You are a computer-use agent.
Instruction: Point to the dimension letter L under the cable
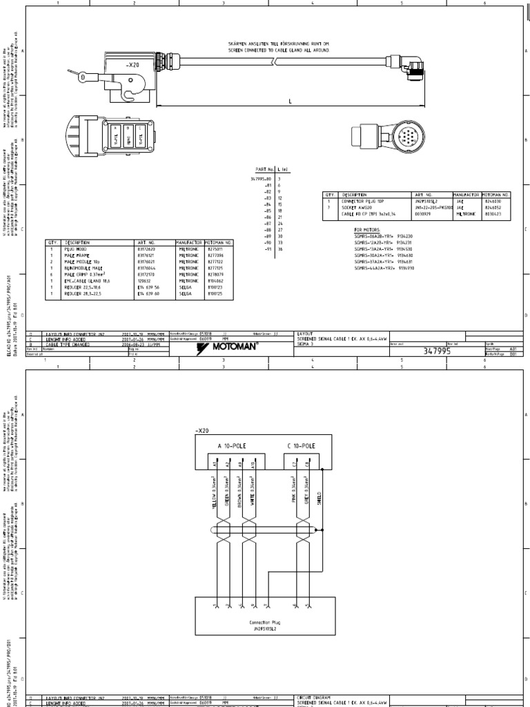point(290,101)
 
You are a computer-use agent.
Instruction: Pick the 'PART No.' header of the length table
point(264,168)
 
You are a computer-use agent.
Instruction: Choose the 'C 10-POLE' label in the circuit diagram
point(302,445)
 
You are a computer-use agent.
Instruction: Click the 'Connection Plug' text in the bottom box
point(264,622)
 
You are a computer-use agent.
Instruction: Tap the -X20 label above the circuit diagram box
point(202,430)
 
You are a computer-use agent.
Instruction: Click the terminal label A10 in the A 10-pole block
point(253,465)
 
